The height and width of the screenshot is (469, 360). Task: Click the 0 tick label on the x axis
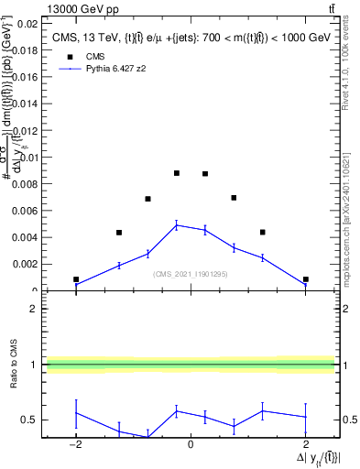(x=191, y=444)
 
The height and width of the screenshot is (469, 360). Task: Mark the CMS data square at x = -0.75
(x=147, y=199)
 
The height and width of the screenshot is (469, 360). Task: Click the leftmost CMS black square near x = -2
(x=76, y=279)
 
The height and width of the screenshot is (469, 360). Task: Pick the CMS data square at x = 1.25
(x=262, y=233)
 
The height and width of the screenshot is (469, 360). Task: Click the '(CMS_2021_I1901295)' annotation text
(x=190, y=273)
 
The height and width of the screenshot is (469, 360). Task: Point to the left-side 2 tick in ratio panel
(x=34, y=309)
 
